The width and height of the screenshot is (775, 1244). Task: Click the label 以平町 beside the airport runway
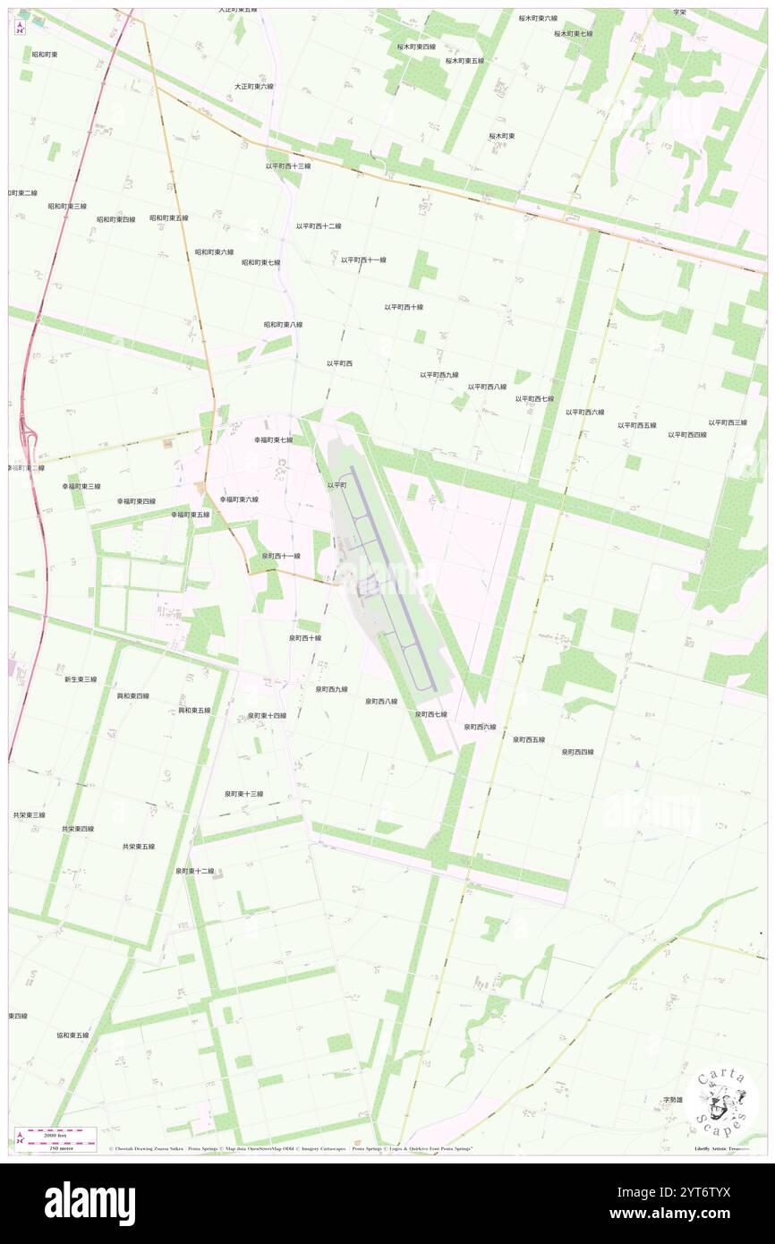pos(336,485)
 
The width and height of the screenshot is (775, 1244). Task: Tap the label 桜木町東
pos(501,136)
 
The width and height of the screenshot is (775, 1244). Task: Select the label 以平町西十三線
pos(288,166)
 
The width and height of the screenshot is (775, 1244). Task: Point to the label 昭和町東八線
pos(283,325)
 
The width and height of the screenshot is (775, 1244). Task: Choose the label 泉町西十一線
pos(281,556)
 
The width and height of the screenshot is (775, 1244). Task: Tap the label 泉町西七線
pos(430,714)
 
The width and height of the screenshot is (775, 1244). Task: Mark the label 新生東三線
pos(81,679)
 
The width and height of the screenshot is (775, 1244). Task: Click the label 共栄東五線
pos(139,846)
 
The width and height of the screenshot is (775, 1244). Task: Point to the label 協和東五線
pos(72,1035)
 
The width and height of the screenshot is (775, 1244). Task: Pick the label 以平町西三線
pos(728,422)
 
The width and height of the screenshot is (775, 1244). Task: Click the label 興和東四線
pos(133,695)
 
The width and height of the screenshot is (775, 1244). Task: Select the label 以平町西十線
pos(404,307)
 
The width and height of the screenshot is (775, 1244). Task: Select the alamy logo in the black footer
pos(89,1203)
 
